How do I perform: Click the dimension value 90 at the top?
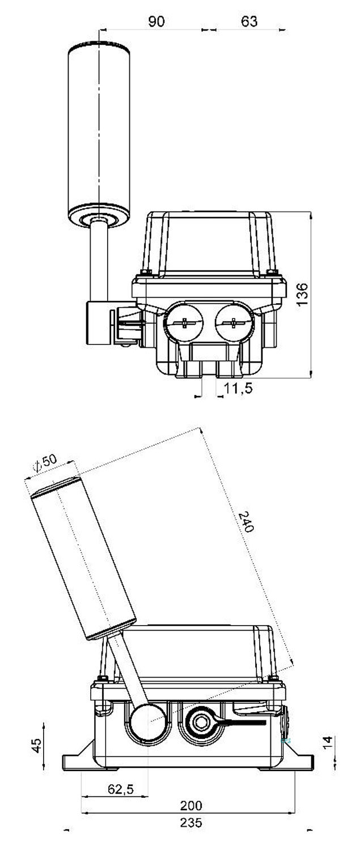(156, 21)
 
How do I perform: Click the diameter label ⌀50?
(45, 463)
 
